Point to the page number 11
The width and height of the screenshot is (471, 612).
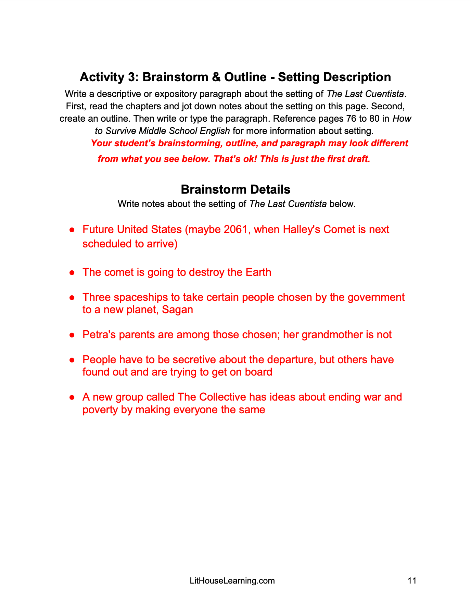[x=412, y=580]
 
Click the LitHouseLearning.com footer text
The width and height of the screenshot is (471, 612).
[x=232, y=580]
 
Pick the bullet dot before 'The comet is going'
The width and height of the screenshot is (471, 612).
[x=72, y=273]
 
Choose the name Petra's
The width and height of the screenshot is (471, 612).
[x=99, y=335]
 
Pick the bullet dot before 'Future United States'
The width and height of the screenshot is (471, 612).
[x=72, y=230]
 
